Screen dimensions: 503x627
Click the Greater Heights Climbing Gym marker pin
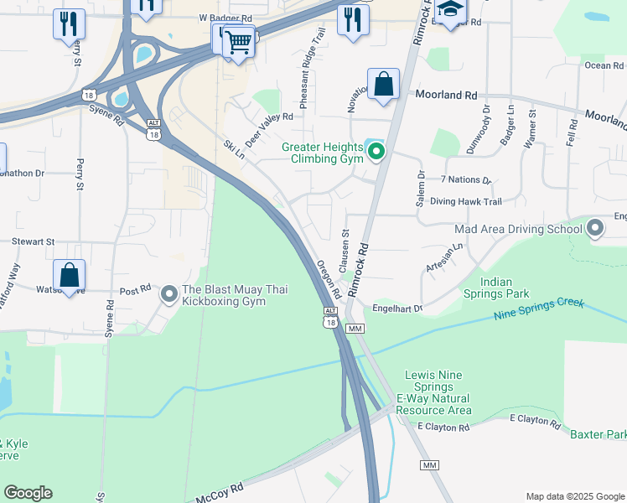coord(376,152)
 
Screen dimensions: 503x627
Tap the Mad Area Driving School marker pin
coord(595,228)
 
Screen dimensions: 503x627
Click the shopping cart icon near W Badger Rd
coord(239,40)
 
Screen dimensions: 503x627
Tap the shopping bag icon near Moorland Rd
coord(383,85)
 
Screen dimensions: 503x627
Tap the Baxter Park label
coord(598,434)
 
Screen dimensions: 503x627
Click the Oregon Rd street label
coord(329,280)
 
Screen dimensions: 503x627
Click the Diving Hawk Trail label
coord(465,201)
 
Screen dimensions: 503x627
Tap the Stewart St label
coord(33,241)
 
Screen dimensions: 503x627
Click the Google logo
coord(28,493)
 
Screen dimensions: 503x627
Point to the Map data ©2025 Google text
coord(575,496)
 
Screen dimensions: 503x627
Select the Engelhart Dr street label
coord(398,308)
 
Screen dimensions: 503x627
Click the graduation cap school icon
coord(450,10)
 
